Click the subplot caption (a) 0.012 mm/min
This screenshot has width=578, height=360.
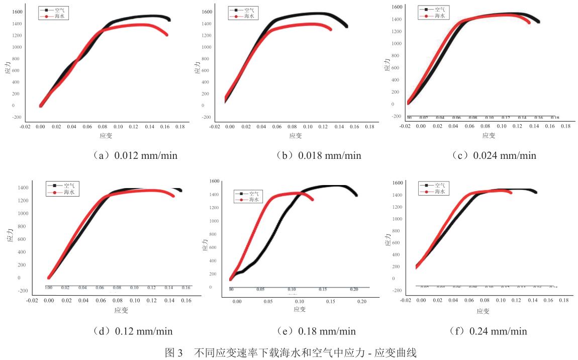tap(129, 155)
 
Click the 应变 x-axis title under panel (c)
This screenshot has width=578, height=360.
tap(488, 135)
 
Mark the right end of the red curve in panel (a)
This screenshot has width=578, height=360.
tap(166, 35)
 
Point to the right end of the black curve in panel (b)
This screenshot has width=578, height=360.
tap(346, 26)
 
